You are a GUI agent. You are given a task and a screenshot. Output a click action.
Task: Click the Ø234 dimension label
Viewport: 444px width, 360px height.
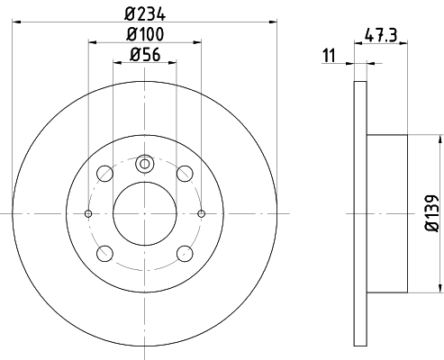[145, 14]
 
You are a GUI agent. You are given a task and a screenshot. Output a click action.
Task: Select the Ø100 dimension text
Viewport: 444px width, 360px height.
[145, 34]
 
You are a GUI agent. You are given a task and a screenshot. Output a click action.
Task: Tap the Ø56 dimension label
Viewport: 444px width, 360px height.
[145, 55]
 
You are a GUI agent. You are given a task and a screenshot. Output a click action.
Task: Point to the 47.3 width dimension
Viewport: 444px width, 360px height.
[381, 35]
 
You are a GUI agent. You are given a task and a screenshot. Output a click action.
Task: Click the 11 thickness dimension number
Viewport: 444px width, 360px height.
[329, 56]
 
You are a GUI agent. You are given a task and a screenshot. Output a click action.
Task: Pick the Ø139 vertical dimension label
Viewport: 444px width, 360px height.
[432, 213]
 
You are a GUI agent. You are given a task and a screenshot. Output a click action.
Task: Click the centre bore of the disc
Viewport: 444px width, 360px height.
[145, 213]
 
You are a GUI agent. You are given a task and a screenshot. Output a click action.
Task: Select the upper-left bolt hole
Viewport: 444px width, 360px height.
[104, 174]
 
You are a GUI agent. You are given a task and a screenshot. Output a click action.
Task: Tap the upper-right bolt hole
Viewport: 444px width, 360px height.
[185, 174]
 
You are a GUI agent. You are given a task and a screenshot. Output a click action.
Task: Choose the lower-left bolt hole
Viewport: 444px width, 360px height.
[104, 254]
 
